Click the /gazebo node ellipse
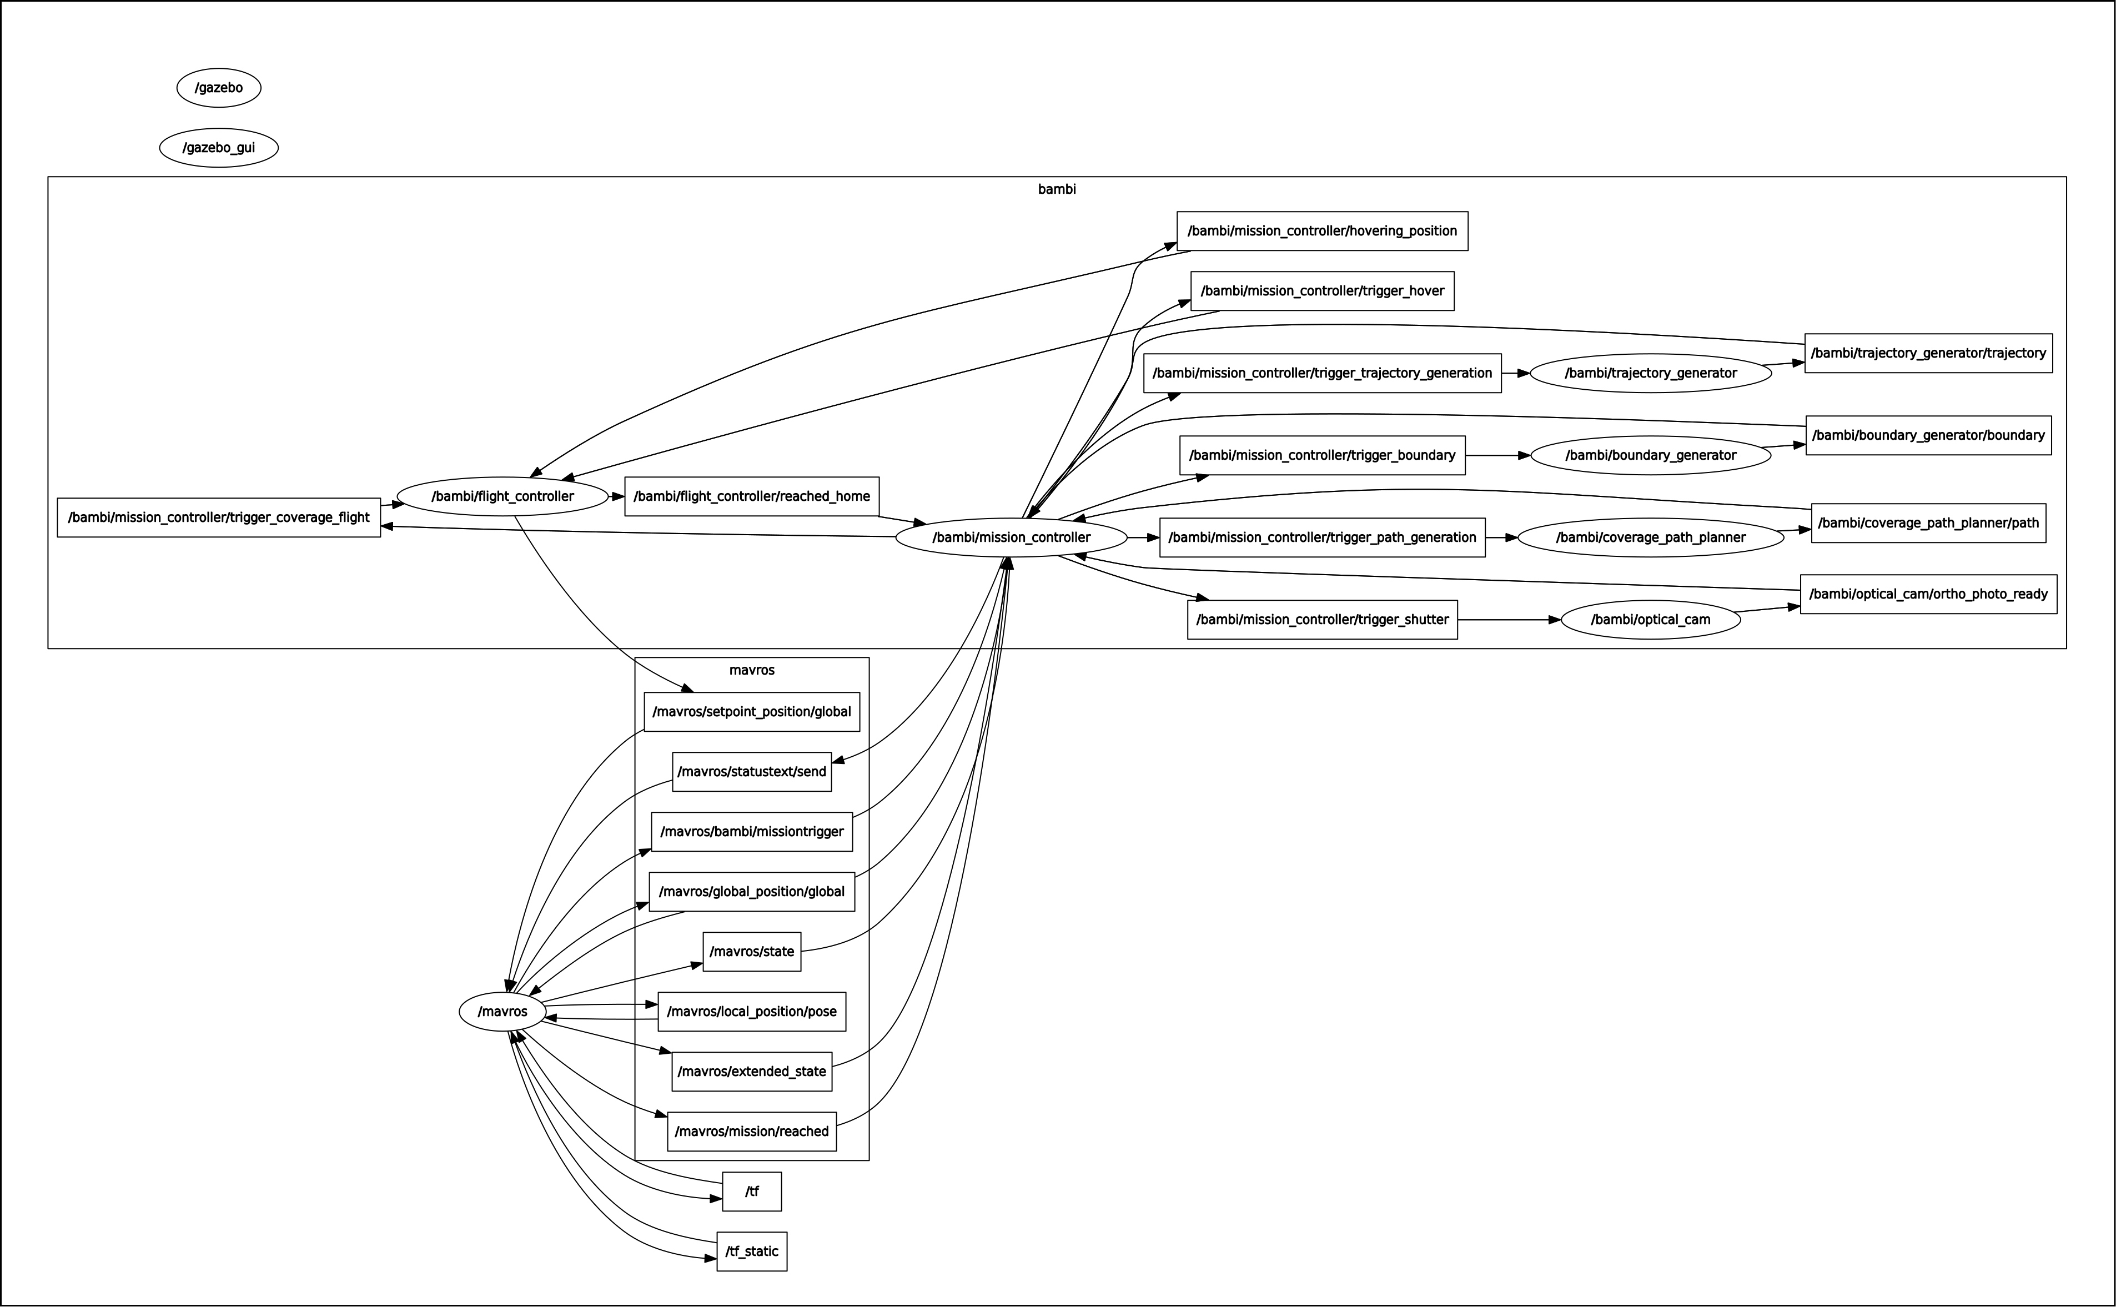219,87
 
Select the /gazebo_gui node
219,148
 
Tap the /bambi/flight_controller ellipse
502,496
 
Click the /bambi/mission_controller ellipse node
1011,537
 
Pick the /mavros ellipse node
502,1012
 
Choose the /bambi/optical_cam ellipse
1650,620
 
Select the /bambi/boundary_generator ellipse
1650,455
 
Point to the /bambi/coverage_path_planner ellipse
1650,537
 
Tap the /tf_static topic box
752,1251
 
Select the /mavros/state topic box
752,952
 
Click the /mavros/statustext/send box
752,772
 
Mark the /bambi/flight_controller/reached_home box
752,496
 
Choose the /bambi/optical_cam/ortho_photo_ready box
1928,594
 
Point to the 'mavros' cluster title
752,670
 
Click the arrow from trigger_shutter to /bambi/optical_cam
1509,620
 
